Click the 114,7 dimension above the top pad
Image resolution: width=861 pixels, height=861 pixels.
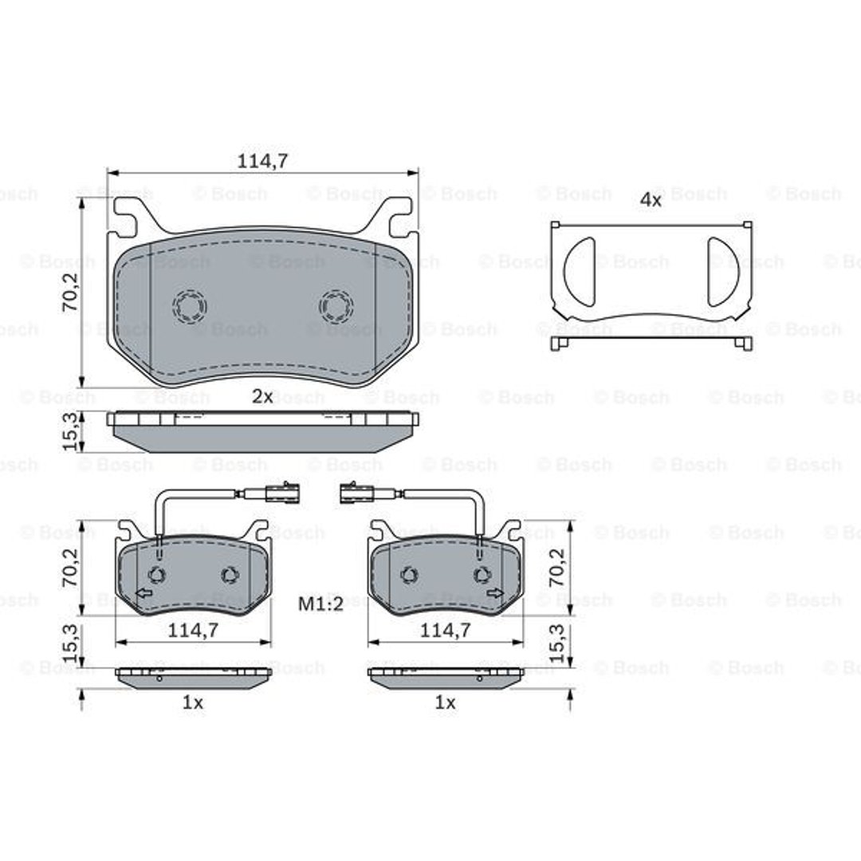[262, 161]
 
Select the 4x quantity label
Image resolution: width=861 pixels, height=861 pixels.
[651, 200]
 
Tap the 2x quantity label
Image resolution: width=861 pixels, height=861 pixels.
[262, 396]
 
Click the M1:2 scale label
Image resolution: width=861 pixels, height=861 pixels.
[320, 604]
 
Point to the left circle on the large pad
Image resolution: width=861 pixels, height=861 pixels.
[190, 306]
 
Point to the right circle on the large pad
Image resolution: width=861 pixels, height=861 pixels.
[336, 306]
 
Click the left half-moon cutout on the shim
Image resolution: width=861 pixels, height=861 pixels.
[580, 272]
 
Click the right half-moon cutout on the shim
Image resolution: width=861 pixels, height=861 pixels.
[722, 272]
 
